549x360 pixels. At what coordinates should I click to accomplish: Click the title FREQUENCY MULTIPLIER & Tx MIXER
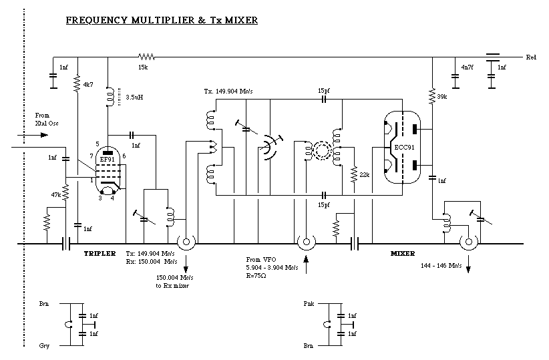pyautogui.click(x=161, y=21)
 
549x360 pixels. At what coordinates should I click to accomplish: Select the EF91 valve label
pyautogui.click(x=107, y=160)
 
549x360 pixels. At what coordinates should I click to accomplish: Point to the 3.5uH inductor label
pyautogui.click(x=135, y=97)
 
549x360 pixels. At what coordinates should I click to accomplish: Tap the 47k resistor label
pyautogui.click(x=56, y=195)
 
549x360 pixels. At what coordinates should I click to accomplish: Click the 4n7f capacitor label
pyautogui.click(x=468, y=67)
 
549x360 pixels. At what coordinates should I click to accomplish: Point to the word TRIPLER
pyautogui.click(x=100, y=254)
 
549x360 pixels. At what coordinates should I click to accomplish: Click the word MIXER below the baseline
pyautogui.click(x=402, y=254)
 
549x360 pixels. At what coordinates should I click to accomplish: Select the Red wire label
pyautogui.click(x=531, y=57)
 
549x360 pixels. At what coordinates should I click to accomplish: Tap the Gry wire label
pyautogui.click(x=44, y=345)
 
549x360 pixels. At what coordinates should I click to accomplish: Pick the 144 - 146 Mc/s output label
pyautogui.click(x=442, y=266)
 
